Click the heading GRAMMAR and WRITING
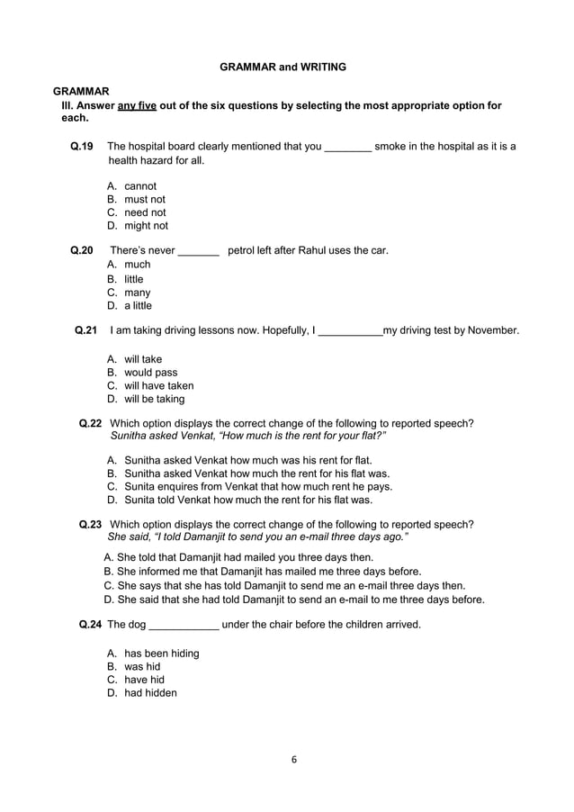point(283,67)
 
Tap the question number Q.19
point(82,147)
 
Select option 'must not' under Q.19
point(144,199)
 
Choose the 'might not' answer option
point(146,226)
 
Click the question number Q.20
point(82,250)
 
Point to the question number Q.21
point(85,330)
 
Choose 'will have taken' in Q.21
point(158,385)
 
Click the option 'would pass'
point(150,372)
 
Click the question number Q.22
point(90,423)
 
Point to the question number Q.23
point(90,524)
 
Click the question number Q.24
point(90,624)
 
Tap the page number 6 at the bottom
point(293,758)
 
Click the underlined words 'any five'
point(137,105)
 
